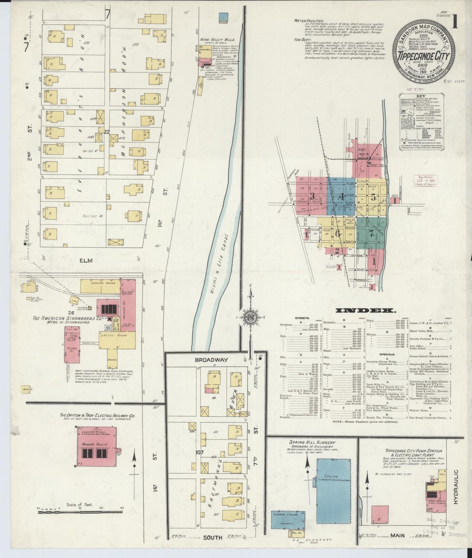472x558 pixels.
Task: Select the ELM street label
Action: coord(86,260)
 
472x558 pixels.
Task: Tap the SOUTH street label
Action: coord(213,537)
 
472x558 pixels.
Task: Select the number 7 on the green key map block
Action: coord(371,233)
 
